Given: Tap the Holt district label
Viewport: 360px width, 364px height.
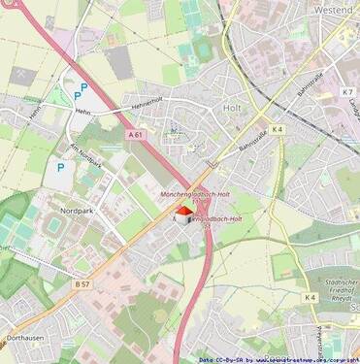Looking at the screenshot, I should click(232, 109).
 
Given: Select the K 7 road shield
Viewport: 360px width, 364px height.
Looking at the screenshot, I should click(347, 91).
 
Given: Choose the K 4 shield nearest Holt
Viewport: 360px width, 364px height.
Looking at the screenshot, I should click(278, 128).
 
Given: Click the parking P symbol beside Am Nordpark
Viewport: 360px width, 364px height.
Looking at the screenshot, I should click(59, 167).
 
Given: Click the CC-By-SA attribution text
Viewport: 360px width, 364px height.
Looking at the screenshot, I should click(219, 359).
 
